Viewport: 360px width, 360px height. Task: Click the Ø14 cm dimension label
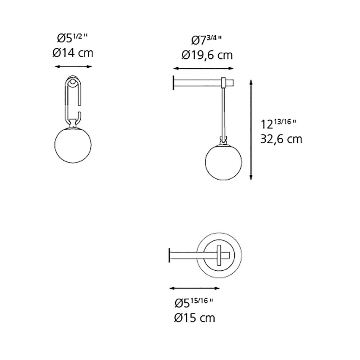(73, 53)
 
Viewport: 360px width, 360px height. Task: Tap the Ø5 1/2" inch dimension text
(73, 38)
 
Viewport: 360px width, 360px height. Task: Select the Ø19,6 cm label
(207, 55)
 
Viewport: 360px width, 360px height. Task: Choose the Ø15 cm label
(194, 318)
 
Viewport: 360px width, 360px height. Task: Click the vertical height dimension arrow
(251, 130)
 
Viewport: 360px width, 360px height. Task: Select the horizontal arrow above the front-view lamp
(73, 66)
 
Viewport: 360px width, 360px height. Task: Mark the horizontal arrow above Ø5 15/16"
(194, 288)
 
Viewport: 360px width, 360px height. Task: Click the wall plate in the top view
(169, 256)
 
